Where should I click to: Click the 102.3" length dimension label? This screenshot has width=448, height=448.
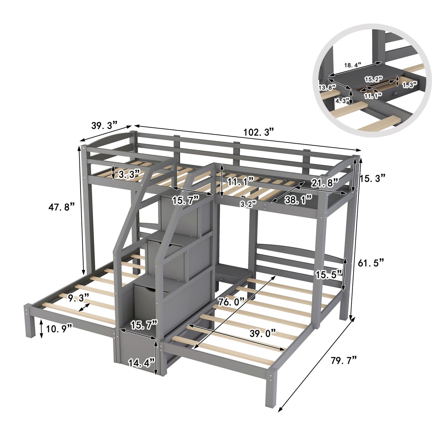coord(258,132)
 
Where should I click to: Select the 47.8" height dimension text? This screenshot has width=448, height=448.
coord(61,207)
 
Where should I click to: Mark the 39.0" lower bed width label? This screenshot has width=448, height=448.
coord(263,333)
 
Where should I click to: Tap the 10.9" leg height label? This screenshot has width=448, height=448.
coord(59,329)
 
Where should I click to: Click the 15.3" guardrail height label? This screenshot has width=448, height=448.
coord(372,178)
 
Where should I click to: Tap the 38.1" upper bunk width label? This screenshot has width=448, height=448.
coord(298,200)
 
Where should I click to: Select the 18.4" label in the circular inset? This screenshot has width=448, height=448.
coord(353,65)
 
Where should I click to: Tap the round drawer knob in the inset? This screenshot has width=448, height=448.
coord(396,94)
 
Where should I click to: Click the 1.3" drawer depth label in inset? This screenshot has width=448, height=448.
coord(409,85)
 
